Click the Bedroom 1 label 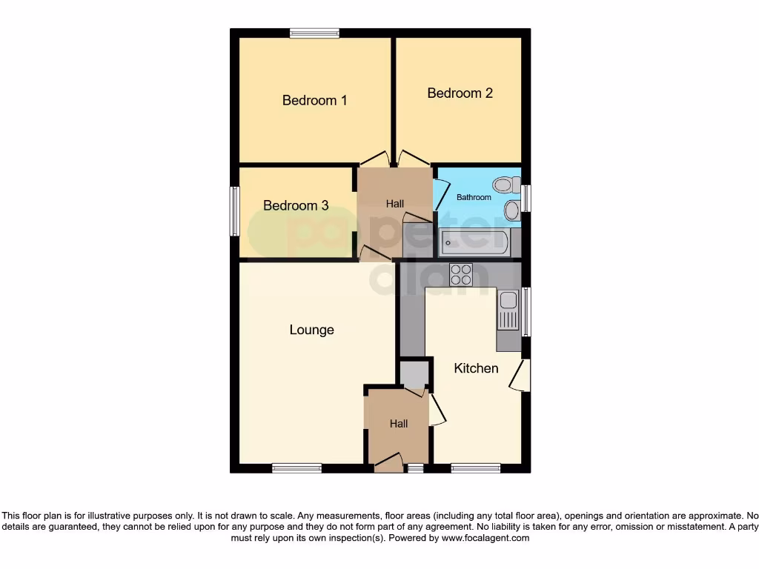pyautogui.click(x=314, y=100)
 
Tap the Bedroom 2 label pyautogui.click(x=460, y=93)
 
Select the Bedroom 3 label pyautogui.click(x=296, y=205)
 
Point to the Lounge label pyautogui.click(x=311, y=330)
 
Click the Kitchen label pyautogui.click(x=476, y=367)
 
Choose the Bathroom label pyautogui.click(x=474, y=197)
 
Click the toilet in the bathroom pyautogui.click(x=507, y=184)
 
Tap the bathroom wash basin pyautogui.click(x=511, y=210)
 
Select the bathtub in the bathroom pyautogui.click(x=474, y=242)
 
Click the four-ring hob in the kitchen pyautogui.click(x=461, y=275)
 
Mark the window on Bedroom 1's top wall pyautogui.click(x=314, y=33)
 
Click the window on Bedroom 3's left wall pyautogui.click(x=234, y=211)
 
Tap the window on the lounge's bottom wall pyautogui.click(x=296, y=467)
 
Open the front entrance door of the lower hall pyautogui.click(x=388, y=462)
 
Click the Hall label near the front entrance pyautogui.click(x=399, y=424)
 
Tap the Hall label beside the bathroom pyautogui.click(x=394, y=204)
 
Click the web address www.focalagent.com pyautogui.click(x=485, y=538)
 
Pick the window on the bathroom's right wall pyautogui.click(x=526, y=199)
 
